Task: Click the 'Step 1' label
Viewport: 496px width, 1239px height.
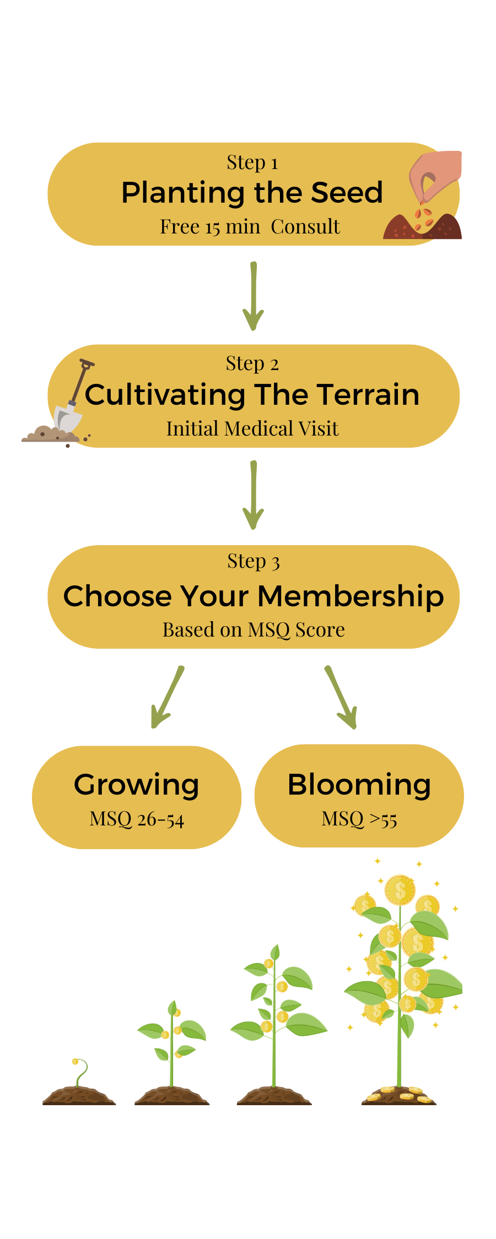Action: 252,162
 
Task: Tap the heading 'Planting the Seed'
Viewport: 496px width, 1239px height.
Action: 252,193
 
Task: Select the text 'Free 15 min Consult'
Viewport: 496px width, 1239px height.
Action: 250,226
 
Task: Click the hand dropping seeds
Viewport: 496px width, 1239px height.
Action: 435,182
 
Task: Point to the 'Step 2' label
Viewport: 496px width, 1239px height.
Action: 252,363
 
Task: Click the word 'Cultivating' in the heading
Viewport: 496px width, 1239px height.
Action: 165,395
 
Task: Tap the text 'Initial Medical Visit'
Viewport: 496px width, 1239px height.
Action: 252,428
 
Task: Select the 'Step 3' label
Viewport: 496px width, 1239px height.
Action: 254,561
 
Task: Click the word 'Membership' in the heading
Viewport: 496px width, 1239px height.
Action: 351,596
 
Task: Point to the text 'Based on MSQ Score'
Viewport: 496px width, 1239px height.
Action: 254,629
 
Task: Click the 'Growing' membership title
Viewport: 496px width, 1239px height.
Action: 137,785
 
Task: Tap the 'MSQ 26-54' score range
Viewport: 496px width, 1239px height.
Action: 137,819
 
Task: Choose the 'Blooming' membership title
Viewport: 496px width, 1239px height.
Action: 359,785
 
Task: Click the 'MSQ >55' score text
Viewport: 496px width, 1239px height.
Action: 359,819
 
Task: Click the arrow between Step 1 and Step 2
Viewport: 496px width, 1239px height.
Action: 252,297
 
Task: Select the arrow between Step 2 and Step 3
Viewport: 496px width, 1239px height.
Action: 252,496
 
